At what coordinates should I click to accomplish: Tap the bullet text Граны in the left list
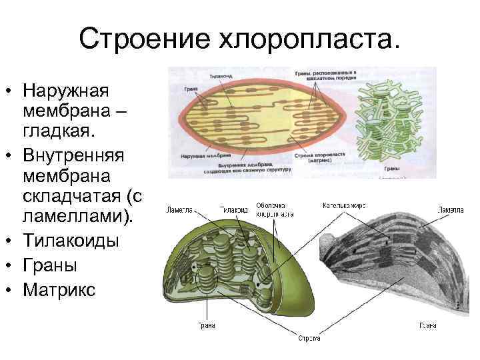pyautogui.click(x=49, y=265)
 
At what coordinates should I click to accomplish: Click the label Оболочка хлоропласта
pyautogui.click(x=275, y=209)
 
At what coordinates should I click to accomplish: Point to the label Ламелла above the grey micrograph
pyautogui.click(x=451, y=210)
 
